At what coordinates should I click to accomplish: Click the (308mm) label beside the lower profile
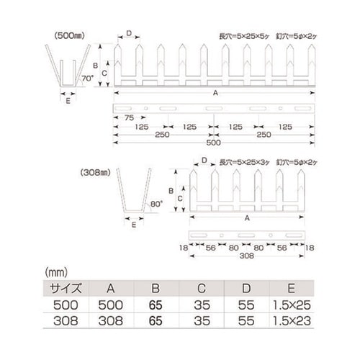click(94, 173)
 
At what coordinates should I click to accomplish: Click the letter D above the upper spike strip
click(129, 33)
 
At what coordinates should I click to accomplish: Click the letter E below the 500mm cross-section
click(68, 102)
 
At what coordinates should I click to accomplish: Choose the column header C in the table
click(202, 287)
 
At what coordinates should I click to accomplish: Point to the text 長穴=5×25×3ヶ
click(244, 163)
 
